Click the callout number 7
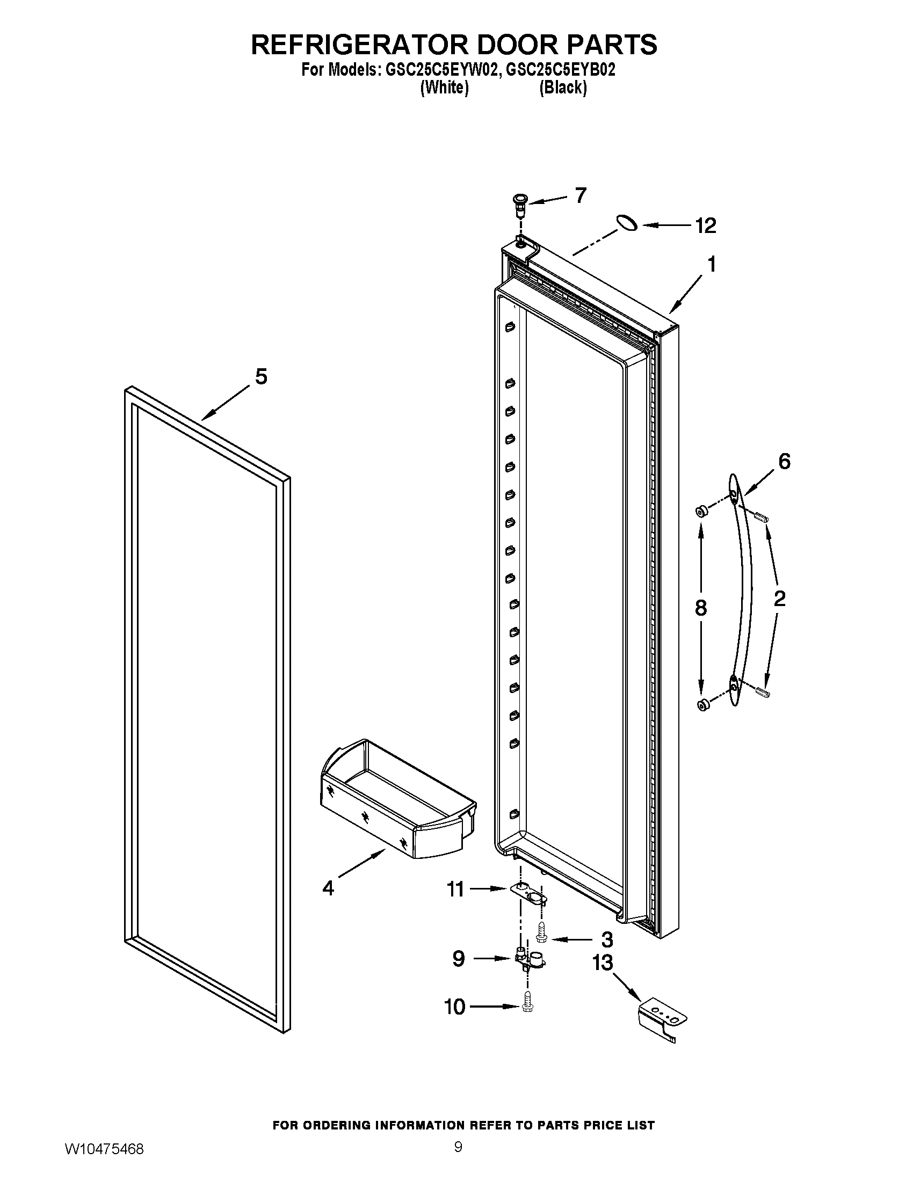pos(581,195)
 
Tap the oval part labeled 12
pos(626,222)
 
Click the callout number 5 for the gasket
pos(260,377)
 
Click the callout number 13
pos(603,963)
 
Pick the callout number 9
pos(458,959)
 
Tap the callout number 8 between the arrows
pos(700,608)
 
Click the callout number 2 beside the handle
pos(779,599)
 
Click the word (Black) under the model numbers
pos(562,88)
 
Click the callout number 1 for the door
pos(712,265)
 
